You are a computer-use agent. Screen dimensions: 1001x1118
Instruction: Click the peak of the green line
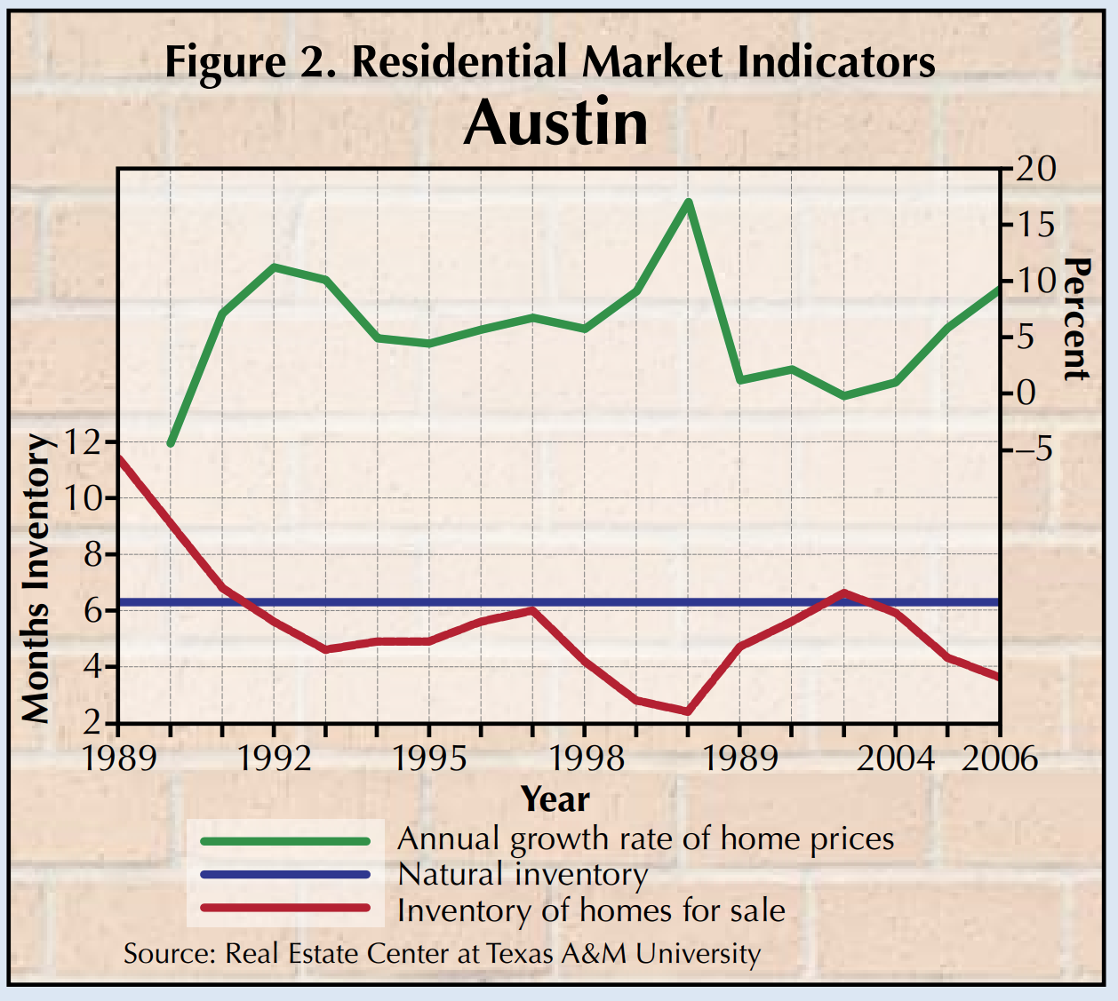[688, 202]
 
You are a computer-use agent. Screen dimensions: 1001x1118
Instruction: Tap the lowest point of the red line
[688, 711]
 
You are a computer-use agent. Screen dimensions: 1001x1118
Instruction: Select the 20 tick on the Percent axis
[1034, 169]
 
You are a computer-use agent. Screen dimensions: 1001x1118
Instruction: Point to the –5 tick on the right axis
[1031, 449]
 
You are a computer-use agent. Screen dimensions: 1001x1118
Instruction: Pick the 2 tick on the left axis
[93, 723]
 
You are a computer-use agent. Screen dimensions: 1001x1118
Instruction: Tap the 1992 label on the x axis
[275, 759]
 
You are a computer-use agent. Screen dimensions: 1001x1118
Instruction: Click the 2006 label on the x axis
[999, 759]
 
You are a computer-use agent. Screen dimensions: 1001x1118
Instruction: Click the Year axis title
[555, 799]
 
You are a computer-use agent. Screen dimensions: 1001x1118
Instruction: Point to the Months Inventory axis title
[36, 577]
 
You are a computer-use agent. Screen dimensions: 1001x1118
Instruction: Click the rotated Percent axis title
[1075, 320]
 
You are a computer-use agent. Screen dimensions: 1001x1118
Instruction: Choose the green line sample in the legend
[285, 840]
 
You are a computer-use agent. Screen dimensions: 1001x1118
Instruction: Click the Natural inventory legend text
[523, 875]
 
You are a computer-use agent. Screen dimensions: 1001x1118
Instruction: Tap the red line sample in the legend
[285, 909]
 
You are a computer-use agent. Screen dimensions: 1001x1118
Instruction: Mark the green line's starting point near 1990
[171, 443]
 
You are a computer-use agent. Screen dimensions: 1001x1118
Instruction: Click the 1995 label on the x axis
[429, 759]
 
